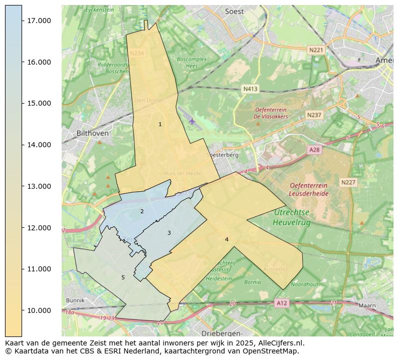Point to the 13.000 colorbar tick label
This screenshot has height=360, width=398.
38,186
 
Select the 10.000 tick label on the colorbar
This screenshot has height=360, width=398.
38,310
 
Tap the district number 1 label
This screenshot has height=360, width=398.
160,124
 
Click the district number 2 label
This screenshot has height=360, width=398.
142,211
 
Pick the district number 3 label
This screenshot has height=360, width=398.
169,233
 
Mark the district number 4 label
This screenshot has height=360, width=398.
227,239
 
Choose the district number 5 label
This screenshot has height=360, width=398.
123,277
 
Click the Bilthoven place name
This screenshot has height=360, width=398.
93,133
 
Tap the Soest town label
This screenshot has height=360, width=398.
234,12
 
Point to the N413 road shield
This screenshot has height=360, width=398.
250,89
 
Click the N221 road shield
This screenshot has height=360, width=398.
316,50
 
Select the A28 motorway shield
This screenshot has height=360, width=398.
314,150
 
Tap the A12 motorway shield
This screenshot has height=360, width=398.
282,303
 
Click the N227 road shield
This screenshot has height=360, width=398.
348,182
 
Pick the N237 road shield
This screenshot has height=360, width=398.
314,115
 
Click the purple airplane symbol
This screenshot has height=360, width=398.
192,121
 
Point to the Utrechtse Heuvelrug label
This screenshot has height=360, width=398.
292,216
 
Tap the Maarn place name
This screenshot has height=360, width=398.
367,305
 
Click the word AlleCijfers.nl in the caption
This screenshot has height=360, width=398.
278,343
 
